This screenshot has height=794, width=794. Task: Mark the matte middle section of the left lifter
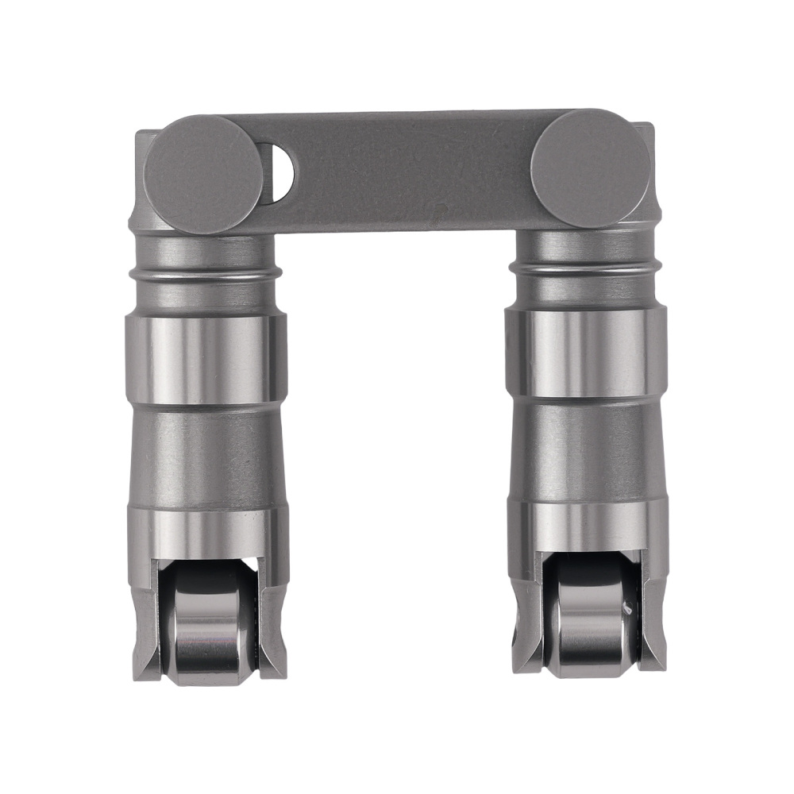tap(206, 457)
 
